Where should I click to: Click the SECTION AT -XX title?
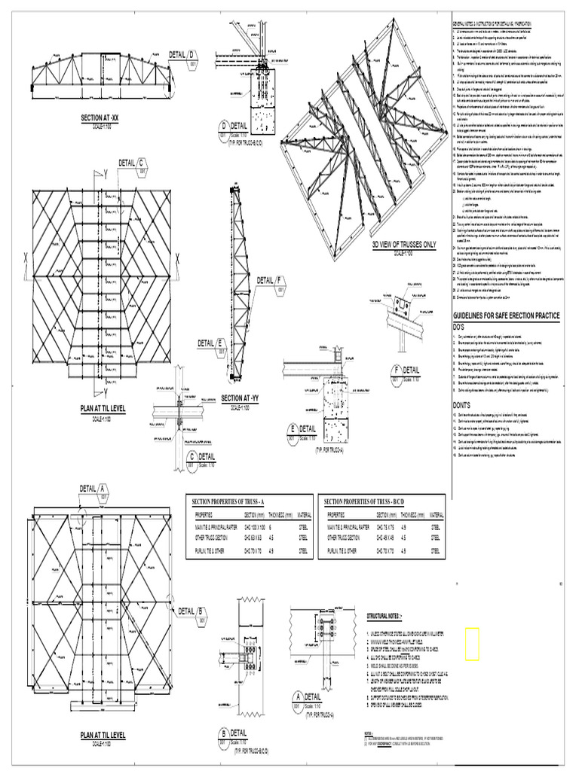tap(100, 118)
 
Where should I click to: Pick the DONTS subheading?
tap(461, 405)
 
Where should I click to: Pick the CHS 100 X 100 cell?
tap(259, 528)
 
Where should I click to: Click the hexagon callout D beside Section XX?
tap(191, 54)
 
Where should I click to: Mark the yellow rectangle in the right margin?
tap(472, 643)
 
